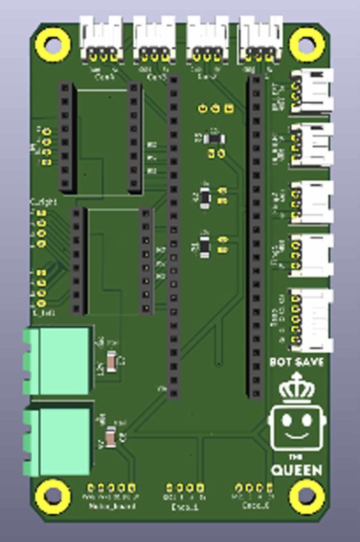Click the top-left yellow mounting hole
click(x=50, y=46)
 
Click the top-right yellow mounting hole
click(x=302, y=44)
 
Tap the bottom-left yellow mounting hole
click(x=51, y=494)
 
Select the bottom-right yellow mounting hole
click(x=304, y=495)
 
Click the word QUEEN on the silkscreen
click(x=296, y=470)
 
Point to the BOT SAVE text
click(x=296, y=362)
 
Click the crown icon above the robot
click(x=296, y=387)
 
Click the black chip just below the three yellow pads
click(x=214, y=138)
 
